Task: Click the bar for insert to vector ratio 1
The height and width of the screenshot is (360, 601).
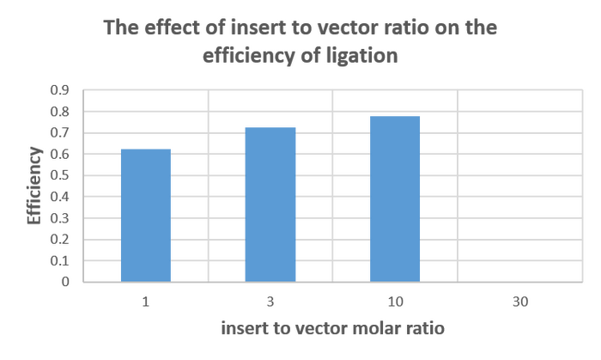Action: (x=145, y=214)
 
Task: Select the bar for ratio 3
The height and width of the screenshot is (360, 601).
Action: (x=270, y=203)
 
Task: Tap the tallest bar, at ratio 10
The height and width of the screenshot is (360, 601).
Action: (x=396, y=198)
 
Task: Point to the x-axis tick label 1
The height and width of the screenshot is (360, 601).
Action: (x=145, y=301)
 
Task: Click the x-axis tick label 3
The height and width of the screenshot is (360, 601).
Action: (x=270, y=301)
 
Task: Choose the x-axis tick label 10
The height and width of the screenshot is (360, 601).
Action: (x=396, y=301)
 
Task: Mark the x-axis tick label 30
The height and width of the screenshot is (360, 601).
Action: (x=520, y=301)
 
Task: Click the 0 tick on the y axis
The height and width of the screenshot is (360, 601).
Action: (x=65, y=281)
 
